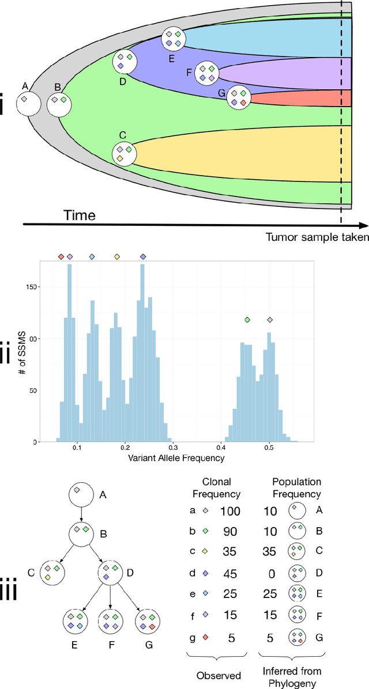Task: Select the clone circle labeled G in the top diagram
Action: pyautogui.click(x=238, y=97)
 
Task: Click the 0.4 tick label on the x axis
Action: pyautogui.click(x=221, y=446)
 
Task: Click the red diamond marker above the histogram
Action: pyautogui.click(x=61, y=256)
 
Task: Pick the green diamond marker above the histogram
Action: pyautogui.click(x=247, y=320)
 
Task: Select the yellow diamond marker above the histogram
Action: pyautogui.click(x=117, y=256)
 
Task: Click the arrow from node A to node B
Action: pyautogui.click(x=81, y=510)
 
